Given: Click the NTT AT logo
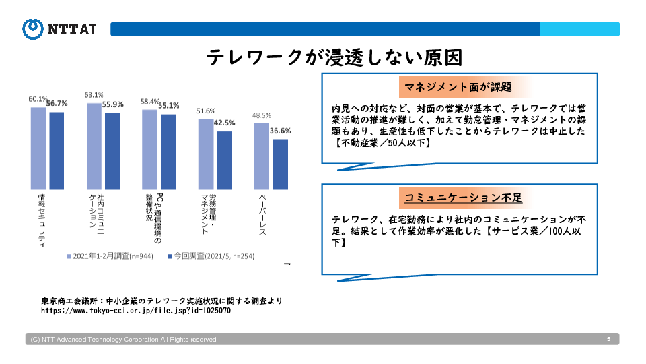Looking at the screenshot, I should [x=59, y=28].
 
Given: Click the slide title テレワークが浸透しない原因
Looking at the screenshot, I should [x=334, y=57].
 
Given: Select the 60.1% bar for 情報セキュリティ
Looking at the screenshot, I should [x=38, y=148].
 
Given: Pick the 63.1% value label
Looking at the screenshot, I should [x=94, y=94].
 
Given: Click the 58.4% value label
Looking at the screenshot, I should [x=149, y=102].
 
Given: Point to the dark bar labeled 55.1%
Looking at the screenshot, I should [x=168, y=151].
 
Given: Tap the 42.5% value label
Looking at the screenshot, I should [x=224, y=123].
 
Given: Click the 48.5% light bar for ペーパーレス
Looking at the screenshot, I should [x=262, y=156].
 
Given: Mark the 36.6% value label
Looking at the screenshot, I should [x=281, y=131].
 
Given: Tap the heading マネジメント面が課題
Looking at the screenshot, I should [x=458, y=87].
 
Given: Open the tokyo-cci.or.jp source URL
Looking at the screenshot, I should [x=136, y=311].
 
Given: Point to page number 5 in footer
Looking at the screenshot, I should [x=608, y=339].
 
